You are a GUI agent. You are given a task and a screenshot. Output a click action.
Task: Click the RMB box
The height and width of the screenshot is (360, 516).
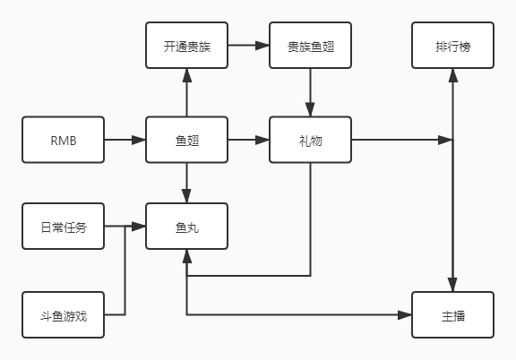[64, 140]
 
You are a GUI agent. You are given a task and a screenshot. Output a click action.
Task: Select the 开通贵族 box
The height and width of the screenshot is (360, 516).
[187, 46]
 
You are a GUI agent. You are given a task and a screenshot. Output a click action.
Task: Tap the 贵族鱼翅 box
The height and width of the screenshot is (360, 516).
[310, 46]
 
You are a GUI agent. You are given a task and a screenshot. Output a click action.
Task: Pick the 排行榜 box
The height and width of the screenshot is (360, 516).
[452, 46]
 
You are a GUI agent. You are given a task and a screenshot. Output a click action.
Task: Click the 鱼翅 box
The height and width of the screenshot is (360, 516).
[187, 140]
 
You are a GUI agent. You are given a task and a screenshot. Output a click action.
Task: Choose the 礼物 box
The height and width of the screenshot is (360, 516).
[310, 140]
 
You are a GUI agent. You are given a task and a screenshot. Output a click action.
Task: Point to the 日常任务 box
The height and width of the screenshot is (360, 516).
[64, 227]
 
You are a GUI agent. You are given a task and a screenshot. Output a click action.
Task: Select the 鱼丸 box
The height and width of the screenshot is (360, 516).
[187, 227]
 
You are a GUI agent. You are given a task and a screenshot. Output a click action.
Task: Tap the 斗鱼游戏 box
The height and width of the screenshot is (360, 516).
[64, 315]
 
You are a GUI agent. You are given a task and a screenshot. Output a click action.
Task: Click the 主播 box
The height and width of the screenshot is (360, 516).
[452, 315]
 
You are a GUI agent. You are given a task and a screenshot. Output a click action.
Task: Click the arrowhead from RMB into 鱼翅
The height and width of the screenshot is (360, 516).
[139, 140]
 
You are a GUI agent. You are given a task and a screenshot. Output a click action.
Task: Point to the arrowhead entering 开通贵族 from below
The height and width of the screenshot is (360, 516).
[187, 75]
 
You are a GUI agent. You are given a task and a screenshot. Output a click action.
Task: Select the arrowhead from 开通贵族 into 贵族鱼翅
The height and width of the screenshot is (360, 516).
[262, 46]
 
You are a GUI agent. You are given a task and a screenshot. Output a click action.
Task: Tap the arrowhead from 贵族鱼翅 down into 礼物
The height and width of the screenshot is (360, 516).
[310, 109]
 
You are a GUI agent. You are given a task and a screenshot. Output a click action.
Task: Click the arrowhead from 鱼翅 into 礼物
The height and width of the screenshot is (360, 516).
[262, 140]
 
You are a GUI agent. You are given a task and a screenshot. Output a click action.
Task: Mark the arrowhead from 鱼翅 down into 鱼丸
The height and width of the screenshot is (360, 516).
[186, 196]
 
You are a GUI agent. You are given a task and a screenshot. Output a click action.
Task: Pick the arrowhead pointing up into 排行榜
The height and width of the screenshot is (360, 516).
[453, 75]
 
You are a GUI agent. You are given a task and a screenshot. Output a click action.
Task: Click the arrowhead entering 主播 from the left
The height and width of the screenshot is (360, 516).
[405, 315]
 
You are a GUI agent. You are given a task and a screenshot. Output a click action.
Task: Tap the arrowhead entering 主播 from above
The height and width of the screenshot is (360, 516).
[452, 285]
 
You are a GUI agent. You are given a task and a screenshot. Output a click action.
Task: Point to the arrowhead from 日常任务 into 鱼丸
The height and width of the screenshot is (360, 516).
[139, 227]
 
